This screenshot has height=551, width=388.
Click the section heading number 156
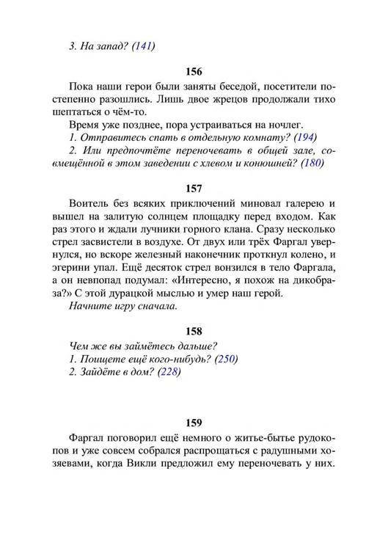[194, 72]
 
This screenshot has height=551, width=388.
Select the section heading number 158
[194, 331]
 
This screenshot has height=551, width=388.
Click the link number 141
[144, 46]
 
